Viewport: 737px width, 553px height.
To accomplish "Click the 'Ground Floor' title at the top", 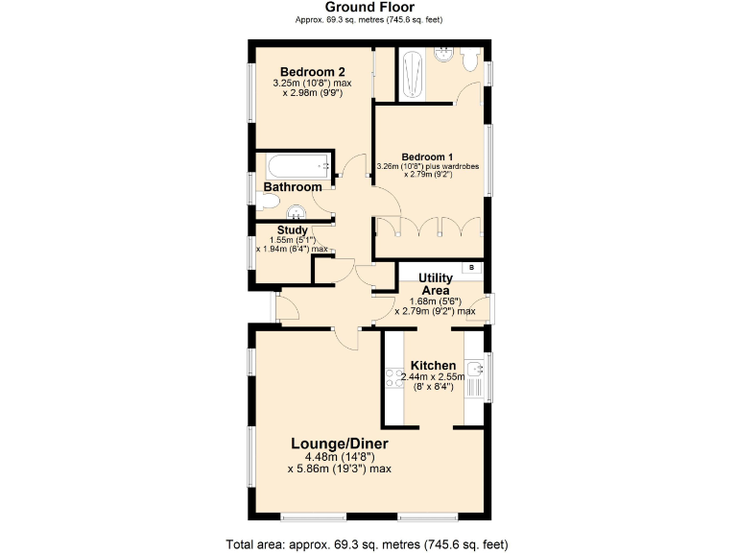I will tap(368, 8).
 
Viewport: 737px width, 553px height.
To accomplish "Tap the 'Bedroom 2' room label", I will tap(312, 72).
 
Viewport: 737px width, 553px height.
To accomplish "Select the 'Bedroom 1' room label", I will tap(427, 156).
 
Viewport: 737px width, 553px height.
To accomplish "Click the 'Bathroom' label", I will tap(293, 187).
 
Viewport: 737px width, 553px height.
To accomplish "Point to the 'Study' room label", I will tap(293, 230).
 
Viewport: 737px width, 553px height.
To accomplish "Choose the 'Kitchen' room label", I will tap(433, 366).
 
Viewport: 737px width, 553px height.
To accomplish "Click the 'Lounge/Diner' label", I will tap(340, 444).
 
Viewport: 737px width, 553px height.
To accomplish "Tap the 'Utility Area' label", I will tap(437, 284).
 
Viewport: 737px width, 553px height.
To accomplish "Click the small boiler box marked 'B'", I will tap(471, 267).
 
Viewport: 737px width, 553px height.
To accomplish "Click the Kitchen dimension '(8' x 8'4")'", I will tap(433, 387).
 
